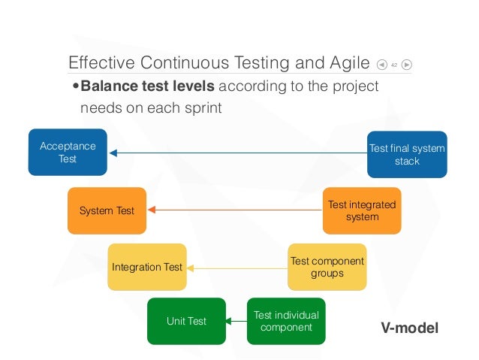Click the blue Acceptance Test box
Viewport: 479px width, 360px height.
68,152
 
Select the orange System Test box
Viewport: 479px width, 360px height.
107,210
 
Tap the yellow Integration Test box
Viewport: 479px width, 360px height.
146,267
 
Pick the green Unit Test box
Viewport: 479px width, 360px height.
186,321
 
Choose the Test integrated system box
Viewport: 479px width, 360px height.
362,210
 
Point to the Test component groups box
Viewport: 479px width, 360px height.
327,267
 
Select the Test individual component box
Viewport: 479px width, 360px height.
286,321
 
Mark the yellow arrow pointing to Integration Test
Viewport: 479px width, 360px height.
236,267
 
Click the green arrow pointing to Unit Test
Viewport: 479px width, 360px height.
236,322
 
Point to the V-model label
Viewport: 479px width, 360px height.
410,328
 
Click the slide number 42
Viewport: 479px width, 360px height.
393,65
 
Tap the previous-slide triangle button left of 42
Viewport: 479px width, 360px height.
382,65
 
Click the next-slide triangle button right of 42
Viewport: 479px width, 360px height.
406,65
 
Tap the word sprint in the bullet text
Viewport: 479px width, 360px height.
203,107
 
